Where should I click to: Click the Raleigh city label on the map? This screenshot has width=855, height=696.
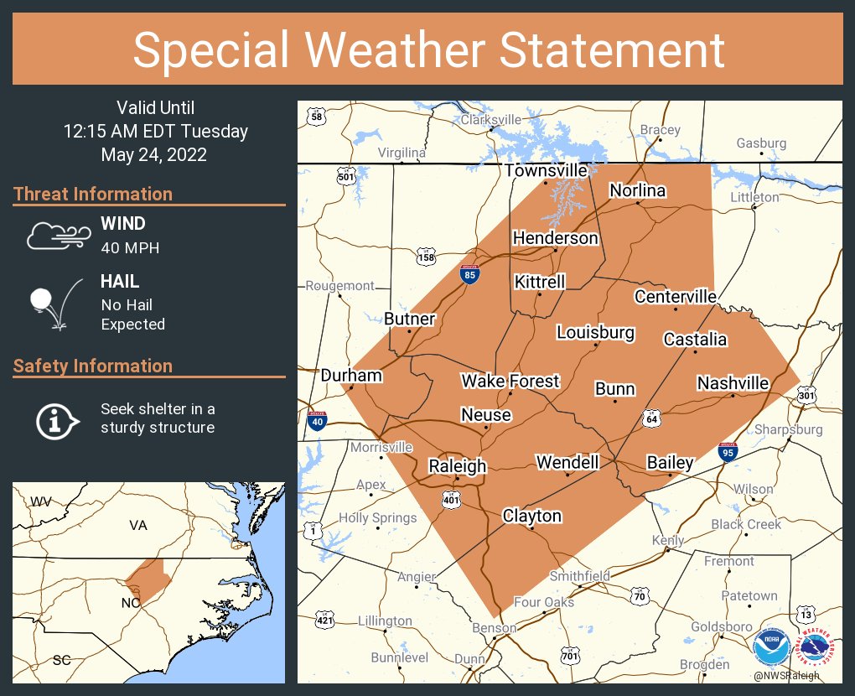pos(458,466)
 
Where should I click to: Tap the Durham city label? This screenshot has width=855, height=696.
pos(351,376)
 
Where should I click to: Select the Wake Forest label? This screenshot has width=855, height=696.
pos(510,382)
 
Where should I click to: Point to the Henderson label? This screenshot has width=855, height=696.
pos(556,238)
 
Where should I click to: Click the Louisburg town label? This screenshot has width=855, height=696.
pos(595,333)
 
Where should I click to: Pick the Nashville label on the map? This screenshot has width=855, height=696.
pos(733,383)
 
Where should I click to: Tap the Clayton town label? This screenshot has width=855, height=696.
pos(531,516)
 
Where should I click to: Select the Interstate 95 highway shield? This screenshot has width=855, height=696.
pos(728,454)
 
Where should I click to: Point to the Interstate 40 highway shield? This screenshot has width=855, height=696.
pos(317,422)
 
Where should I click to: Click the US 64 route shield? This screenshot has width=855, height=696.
pos(651,417)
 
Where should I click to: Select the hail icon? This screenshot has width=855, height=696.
pos(55,303)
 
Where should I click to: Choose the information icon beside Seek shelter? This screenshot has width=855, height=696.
pos(56,419)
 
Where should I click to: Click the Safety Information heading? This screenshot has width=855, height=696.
pos(93,366)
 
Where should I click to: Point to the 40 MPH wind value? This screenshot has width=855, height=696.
pos(130,247)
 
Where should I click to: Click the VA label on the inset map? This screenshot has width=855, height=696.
pos(137,525)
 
